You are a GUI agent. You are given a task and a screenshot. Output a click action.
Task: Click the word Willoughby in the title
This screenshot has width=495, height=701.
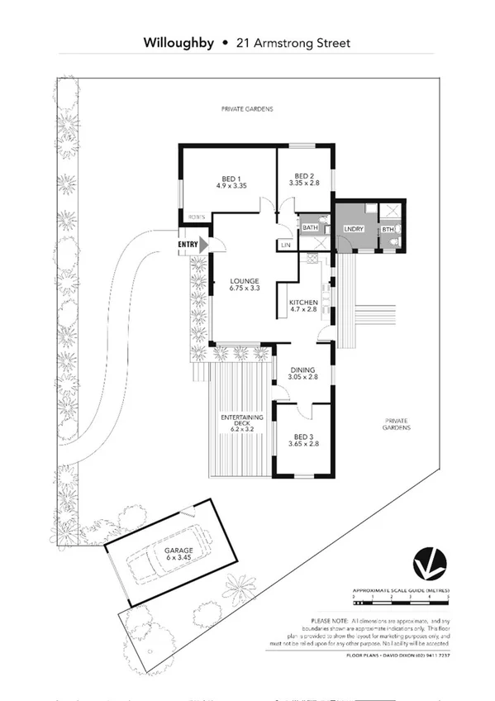pyautogui.click(x=178, y=42)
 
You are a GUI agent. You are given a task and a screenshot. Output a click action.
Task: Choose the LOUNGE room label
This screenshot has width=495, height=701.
pyautogui.click(x=245, y=284)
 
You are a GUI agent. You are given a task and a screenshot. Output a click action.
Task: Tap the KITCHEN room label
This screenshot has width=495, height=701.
pyautogui.click(x=303, y=307)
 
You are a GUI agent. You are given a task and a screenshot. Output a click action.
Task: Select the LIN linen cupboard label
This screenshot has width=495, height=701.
pyautogui.click(x=286, y=246)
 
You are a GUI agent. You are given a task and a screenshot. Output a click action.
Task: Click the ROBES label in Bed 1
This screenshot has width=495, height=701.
pyautogui.click(x=196, y=217)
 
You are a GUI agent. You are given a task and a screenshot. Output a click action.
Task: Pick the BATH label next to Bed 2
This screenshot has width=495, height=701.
pyautogui.click(x=309, y=227)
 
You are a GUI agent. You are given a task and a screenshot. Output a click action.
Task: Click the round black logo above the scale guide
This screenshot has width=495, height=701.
pyautogui.click(x=430, y=564)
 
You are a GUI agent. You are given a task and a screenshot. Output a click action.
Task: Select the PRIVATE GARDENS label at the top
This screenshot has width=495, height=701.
pyautogui.click(x=246, y=109)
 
